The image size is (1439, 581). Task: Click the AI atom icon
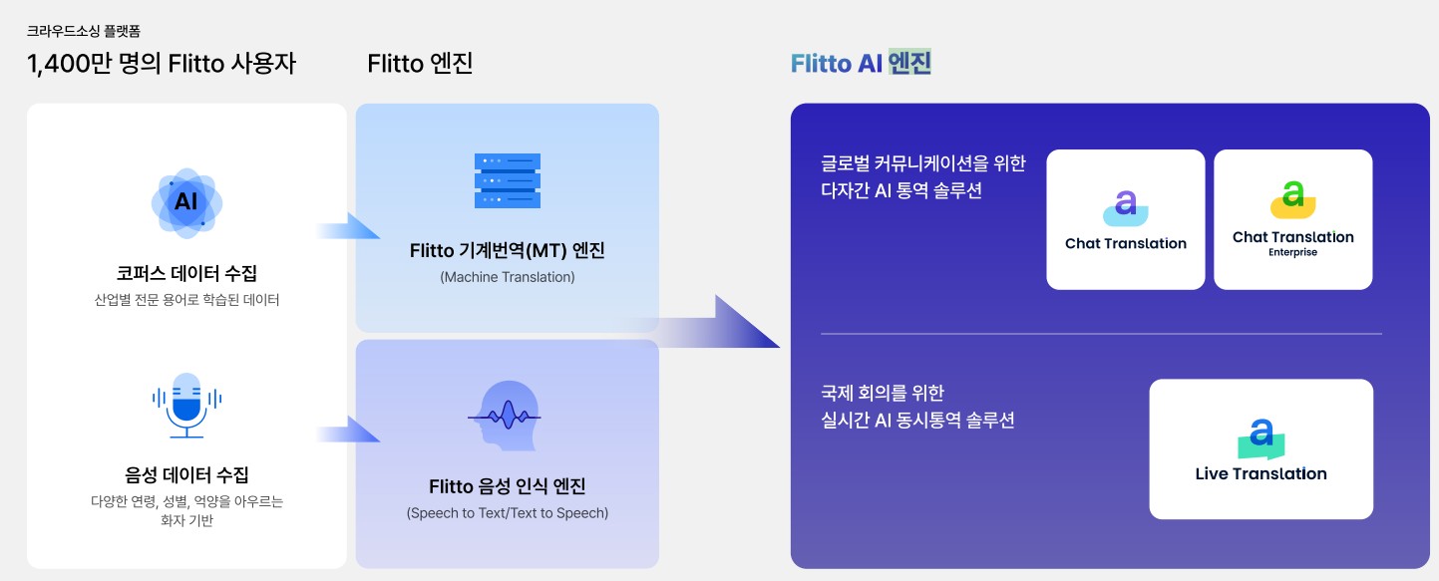pos(186,202)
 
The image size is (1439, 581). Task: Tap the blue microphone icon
pos(186,404)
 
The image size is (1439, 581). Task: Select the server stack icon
pos(507,180)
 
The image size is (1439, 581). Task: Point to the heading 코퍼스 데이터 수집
pos(186,273)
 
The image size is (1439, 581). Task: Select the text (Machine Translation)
pos(507,277)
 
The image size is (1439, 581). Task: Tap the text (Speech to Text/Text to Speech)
pos(507,513)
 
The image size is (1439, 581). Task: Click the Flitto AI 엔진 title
pos(861,64)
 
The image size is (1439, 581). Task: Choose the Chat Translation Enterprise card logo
pos(1292,199)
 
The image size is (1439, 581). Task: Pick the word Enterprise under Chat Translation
pos(1292,253)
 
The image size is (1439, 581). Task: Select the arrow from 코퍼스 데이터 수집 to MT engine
pos(349,227)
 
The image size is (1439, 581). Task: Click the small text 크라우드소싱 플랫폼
pos(77,32)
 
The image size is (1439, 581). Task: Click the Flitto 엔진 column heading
pos(420,65)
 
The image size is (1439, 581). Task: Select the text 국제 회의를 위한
pos(876,393)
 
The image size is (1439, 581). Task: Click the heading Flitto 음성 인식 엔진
pos(507,487)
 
